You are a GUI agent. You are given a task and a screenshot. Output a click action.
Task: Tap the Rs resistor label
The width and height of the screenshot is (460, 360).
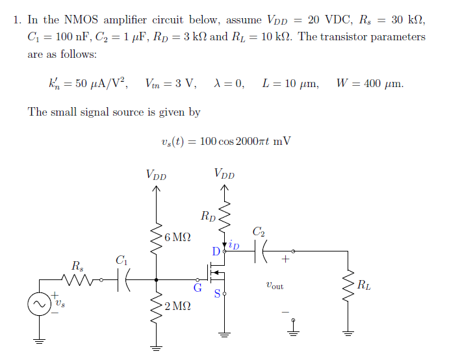(x=77, y=266)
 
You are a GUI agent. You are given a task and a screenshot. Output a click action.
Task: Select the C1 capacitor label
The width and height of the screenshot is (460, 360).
(x=120, y=260)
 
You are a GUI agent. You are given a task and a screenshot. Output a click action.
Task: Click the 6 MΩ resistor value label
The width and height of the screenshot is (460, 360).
(x=177, y=237)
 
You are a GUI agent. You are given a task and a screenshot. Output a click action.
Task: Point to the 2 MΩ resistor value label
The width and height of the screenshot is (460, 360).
(x=177, y=307)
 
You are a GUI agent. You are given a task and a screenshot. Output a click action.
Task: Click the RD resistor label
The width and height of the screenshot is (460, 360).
(x=209, y=216)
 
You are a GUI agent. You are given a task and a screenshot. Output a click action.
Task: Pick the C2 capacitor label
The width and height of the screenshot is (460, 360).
(x=258, y=231)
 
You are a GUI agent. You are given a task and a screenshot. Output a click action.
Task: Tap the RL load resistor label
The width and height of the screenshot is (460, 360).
(x=364, y=284)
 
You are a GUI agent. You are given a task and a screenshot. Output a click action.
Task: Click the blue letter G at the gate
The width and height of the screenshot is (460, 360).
(x=198, y=287)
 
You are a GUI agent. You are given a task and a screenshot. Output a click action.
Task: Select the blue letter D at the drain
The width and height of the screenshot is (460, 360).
(x=216, y=251)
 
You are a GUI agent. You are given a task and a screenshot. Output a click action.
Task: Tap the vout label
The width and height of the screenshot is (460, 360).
(x=274, y=285)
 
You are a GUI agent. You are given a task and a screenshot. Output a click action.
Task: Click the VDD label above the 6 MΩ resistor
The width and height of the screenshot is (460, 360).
(x=156, y=174)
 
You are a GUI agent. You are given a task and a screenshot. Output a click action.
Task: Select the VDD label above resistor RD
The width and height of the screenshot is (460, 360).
(x=224, y=174)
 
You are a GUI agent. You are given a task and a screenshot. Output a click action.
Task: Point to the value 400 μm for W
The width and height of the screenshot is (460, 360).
(x=381, y=83)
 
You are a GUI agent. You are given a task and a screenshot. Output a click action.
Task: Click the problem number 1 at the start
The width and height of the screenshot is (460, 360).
(x=16, y=19)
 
